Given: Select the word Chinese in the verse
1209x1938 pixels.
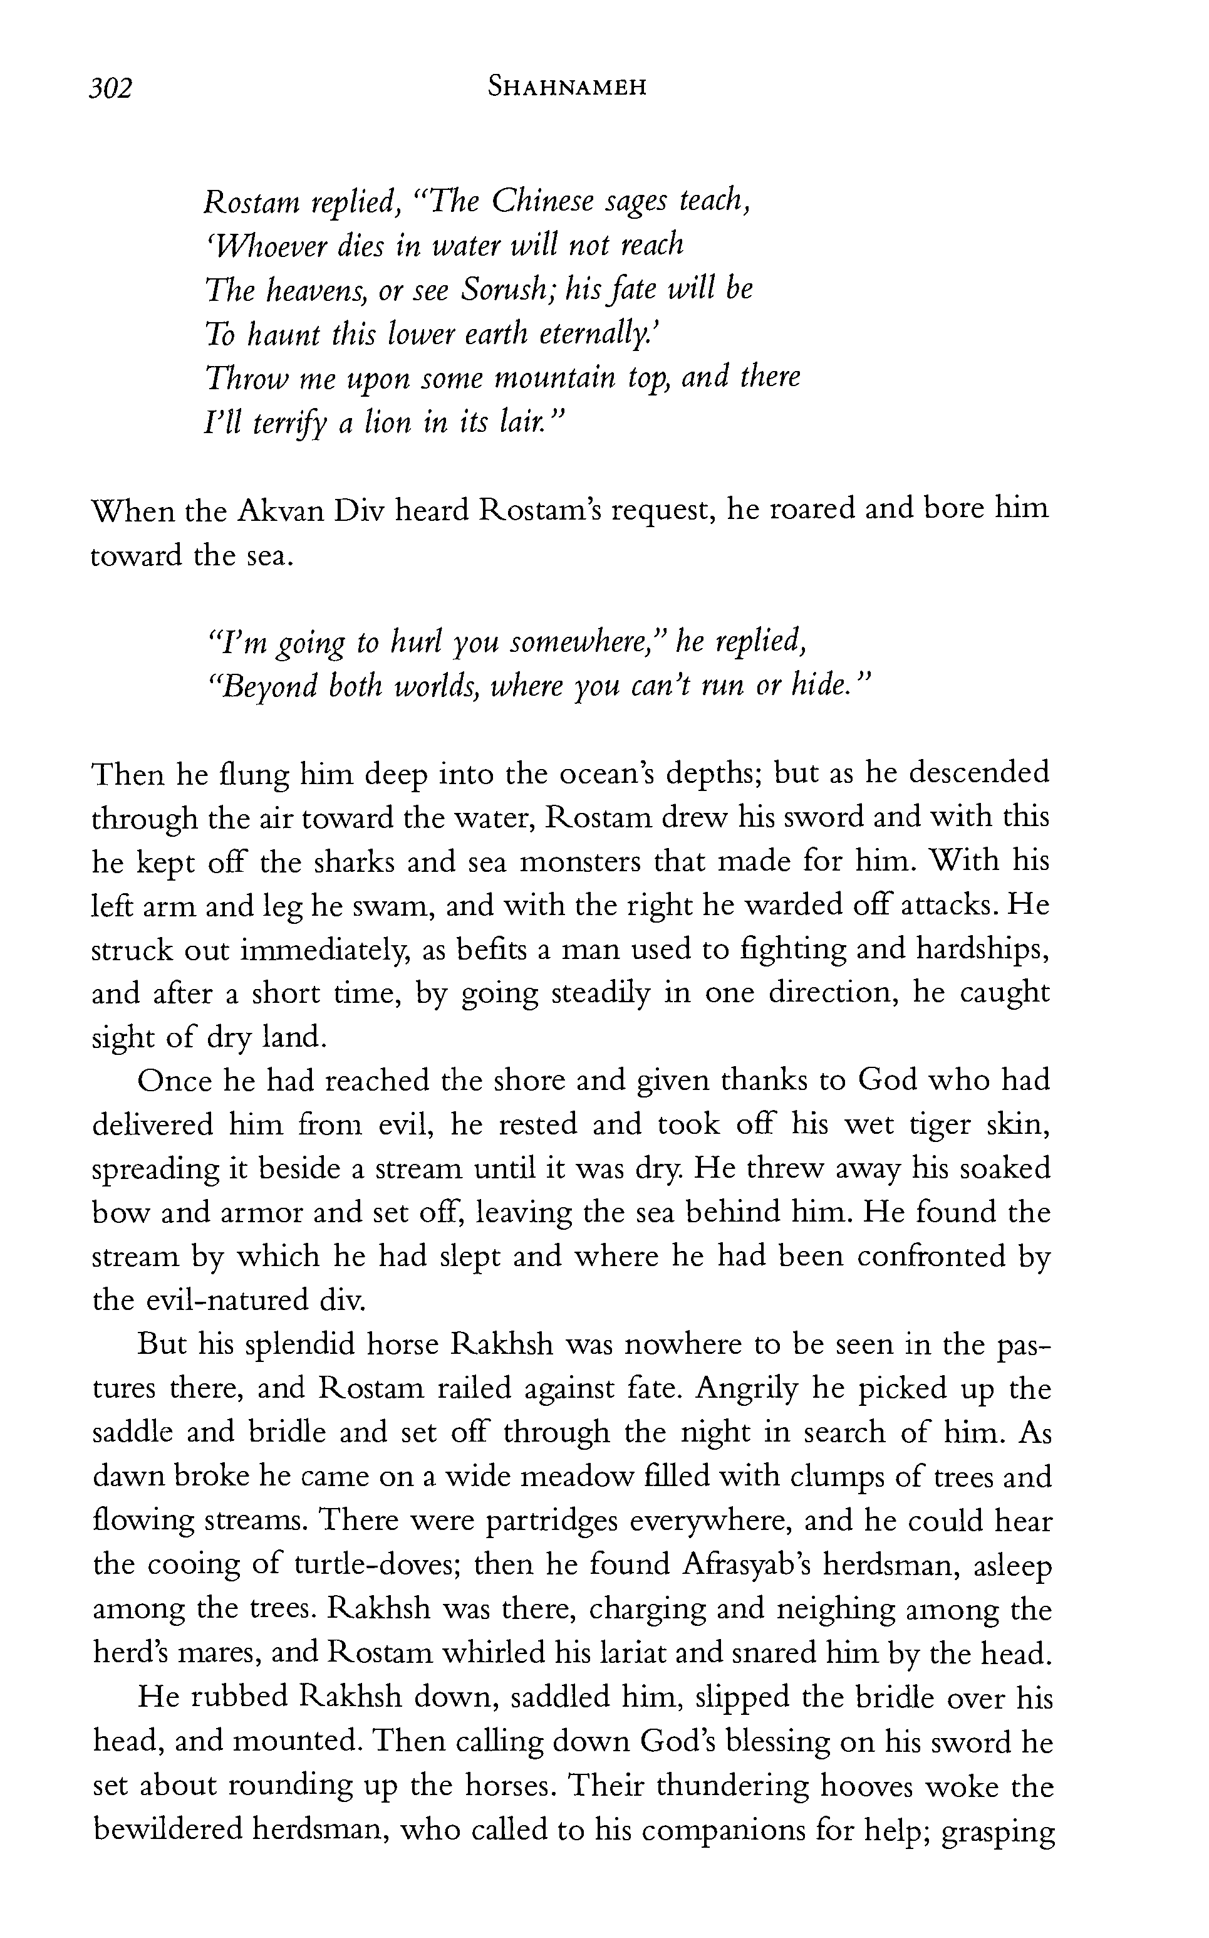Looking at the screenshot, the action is tap(541, 202).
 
